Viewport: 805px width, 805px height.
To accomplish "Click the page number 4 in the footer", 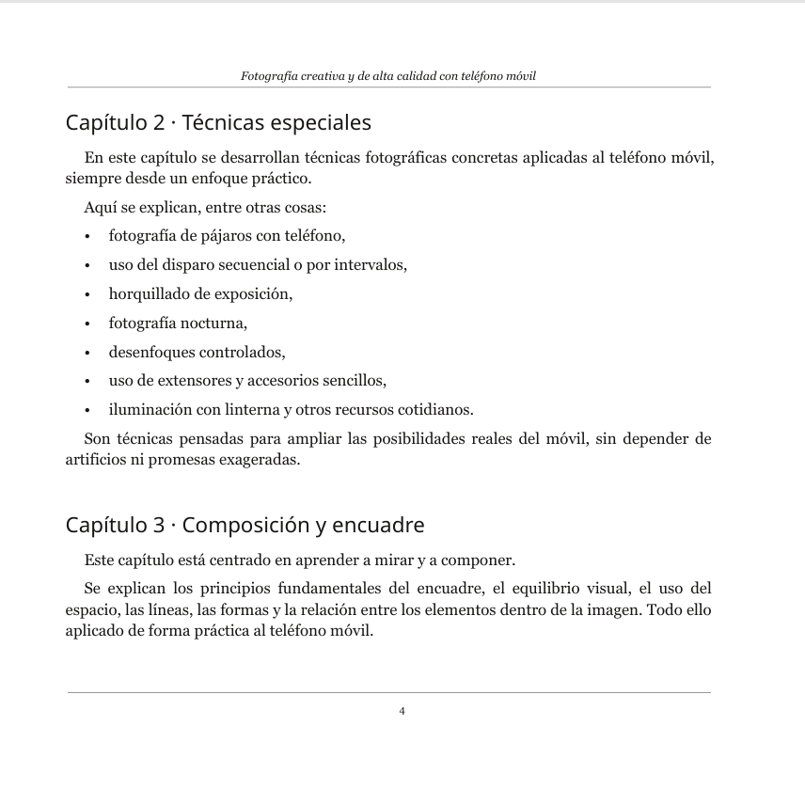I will tap(402, 711).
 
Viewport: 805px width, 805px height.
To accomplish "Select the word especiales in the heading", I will tap(321, 123).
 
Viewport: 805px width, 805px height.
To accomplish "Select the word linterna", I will tap(243, 410).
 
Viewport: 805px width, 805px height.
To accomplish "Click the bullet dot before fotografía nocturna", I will tap(87, 324).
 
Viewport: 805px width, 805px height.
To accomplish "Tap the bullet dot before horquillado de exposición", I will tap(87, 294).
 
